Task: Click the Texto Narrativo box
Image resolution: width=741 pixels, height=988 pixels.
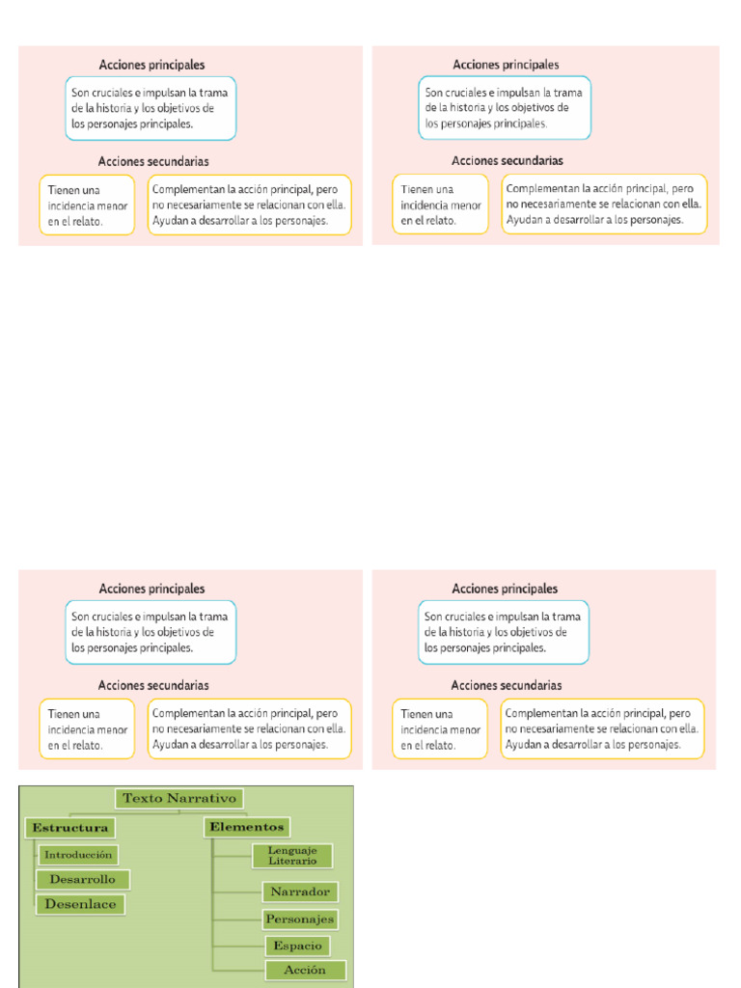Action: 178,798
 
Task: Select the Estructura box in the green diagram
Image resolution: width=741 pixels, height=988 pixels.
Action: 69,828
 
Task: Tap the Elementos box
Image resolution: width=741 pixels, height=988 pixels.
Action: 246,827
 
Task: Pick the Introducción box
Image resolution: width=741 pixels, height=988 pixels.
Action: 78,855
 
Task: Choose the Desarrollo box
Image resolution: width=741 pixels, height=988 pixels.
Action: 83,880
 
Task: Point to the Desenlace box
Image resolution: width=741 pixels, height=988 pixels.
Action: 81,904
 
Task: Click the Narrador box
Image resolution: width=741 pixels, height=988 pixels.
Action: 300,892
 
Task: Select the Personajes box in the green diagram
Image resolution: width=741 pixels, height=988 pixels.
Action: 300,919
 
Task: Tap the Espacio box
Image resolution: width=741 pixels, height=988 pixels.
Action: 297,946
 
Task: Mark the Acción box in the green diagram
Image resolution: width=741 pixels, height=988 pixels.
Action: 306,971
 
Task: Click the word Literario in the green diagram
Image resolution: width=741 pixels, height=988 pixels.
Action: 292,861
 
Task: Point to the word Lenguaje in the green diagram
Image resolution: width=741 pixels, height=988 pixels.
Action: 292,851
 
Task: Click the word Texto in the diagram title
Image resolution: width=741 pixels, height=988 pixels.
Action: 142,798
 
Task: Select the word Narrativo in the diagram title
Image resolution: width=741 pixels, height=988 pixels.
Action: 202,798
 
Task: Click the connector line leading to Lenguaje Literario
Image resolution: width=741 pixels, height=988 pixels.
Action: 233,856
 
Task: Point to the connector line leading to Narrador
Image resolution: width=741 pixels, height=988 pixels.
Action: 238,892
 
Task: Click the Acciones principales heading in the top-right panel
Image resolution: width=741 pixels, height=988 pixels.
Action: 506,65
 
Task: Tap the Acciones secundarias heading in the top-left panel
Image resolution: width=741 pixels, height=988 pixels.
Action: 153,161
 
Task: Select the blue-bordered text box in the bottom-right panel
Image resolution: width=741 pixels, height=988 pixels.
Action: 504,632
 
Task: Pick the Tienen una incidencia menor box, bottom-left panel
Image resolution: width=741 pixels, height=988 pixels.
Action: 87,729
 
